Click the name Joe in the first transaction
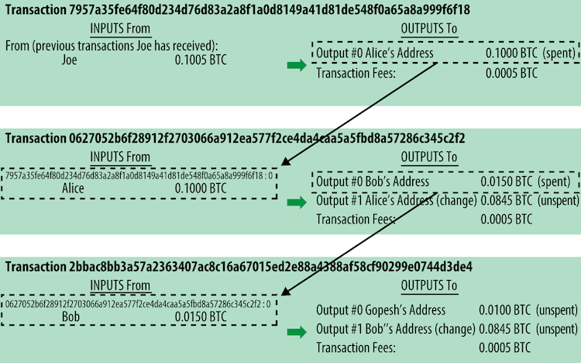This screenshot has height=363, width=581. coord(69,60)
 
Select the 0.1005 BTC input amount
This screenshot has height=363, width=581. coord(201,60)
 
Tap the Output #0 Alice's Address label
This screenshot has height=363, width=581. coord(375,53)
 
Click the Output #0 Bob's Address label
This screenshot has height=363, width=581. coord(373,181)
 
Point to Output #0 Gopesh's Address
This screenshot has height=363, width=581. coord(380,310)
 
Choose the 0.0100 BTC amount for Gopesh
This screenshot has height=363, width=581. coord(504,310)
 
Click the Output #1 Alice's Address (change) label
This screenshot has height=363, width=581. coord(397,200)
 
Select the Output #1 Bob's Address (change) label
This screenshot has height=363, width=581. coord(396,329)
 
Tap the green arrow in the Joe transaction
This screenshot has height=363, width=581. coord(297,65)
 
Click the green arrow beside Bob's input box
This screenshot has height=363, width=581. coord(297,332)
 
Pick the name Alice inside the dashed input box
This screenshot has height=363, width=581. coord(73,188)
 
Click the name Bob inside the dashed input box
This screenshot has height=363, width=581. coord(70,317)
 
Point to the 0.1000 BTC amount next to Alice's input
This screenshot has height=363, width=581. coord(201,188)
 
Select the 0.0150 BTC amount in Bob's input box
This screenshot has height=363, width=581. coord(201,317)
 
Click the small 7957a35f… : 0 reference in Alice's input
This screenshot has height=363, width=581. coord(139,175)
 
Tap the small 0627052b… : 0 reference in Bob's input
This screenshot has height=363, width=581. coord(138,304)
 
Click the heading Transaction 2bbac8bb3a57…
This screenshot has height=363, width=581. coord(239,267)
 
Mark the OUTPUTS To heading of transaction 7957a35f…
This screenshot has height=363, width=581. coord(429,29)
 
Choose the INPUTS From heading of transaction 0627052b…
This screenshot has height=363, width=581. coord(120,157)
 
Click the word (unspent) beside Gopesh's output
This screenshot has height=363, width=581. coord(557,310)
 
